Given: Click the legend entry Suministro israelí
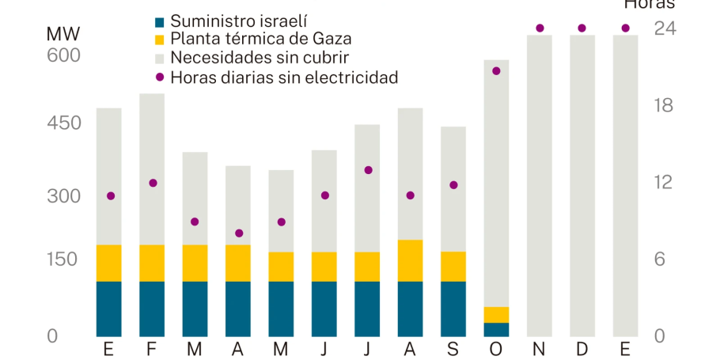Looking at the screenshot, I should pyautogui.click(x=239, y=21).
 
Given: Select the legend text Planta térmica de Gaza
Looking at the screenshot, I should pyautogui.click(x=261, y=39).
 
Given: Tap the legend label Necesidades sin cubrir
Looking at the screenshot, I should pyautogui.click(x=260, y=58).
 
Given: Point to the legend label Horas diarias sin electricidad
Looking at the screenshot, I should pyautogui.click(x=284, y=77).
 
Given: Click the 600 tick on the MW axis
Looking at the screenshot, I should pyautogui.click(x=64, y=55).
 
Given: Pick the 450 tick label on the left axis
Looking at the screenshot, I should pyautogui.click(x=64, y=123).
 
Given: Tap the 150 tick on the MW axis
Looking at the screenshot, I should pyautogui.click(x=64, y=260).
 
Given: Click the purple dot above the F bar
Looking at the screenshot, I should pyautogui.click(x=153, y=183).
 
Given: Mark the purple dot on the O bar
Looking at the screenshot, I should pyautogui.click(x=496, y=71).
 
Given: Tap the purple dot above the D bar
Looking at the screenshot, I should pyautogui.click(x=582, y=28).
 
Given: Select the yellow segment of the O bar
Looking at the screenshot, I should pyautogui.click(x=496, y=315).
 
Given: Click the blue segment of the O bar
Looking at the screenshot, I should pyautogui.click(x=496, y=329).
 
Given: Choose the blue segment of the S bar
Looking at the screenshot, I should pyautogui.click(x=453, y=309).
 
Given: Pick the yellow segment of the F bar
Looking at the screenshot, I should pyautogui.click(x=152, y=263).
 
